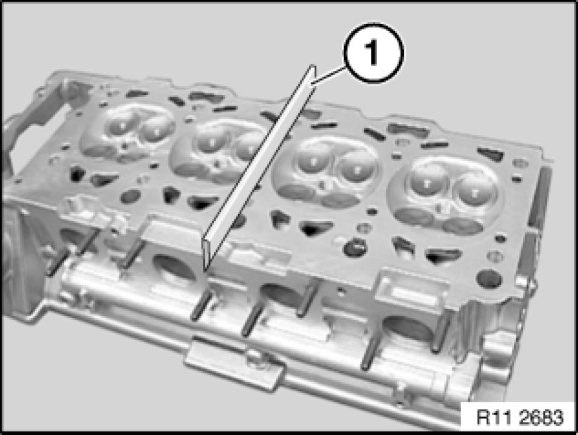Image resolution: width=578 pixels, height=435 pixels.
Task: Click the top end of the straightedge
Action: click(312, 66)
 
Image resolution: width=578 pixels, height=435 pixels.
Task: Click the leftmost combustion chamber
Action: click(128, 132)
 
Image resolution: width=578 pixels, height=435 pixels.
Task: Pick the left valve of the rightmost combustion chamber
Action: click(427, 183)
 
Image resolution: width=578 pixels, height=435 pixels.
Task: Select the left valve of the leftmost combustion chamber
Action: click(120, 125)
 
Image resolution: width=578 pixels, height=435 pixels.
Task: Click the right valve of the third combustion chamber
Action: click(356, 169)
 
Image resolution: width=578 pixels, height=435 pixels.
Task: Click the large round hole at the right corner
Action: click(489, 279)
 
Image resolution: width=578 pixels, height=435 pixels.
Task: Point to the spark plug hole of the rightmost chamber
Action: click(442, 207)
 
